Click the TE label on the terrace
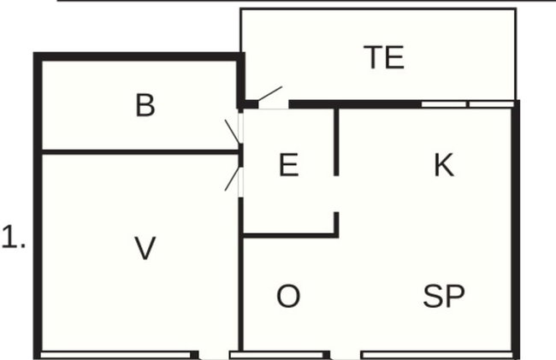384,57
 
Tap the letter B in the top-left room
145,105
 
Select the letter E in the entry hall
288,165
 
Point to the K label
444,165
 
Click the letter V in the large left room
145,248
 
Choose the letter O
288,296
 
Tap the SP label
444,296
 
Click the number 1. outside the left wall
14,237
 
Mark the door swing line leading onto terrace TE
269,93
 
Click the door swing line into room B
233,132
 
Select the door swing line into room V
233,179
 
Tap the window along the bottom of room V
115,355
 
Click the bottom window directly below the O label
276,355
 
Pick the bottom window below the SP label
438,355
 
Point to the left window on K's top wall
444,104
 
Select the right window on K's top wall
491,104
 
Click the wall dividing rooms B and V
140,152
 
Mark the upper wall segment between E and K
336,142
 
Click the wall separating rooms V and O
240,274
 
